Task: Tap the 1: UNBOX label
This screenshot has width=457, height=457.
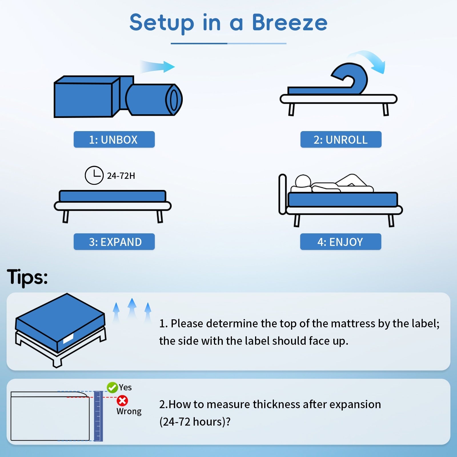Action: tap(114, 140)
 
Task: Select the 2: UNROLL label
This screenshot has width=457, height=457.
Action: tap(341, 140)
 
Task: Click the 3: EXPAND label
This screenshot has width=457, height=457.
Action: tap(114, 242)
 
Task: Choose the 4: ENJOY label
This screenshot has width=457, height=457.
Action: tap(340, 242)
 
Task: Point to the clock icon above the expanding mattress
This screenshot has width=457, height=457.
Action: tap(94, 175)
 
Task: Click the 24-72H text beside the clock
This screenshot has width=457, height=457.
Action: tap(121, 176)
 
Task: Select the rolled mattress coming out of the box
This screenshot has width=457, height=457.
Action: tap(154, 100)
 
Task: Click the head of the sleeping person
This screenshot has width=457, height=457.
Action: tap(303, 181)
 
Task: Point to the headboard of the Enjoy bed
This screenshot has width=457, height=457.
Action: tap(282, 194)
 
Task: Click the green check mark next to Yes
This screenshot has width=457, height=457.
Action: tap(112, 388)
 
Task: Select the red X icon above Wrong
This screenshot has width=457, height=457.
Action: tap(123, 401)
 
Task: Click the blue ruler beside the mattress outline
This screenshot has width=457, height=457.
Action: tap(98, 416)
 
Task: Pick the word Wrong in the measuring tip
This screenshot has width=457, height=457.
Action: tap(129, 411)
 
